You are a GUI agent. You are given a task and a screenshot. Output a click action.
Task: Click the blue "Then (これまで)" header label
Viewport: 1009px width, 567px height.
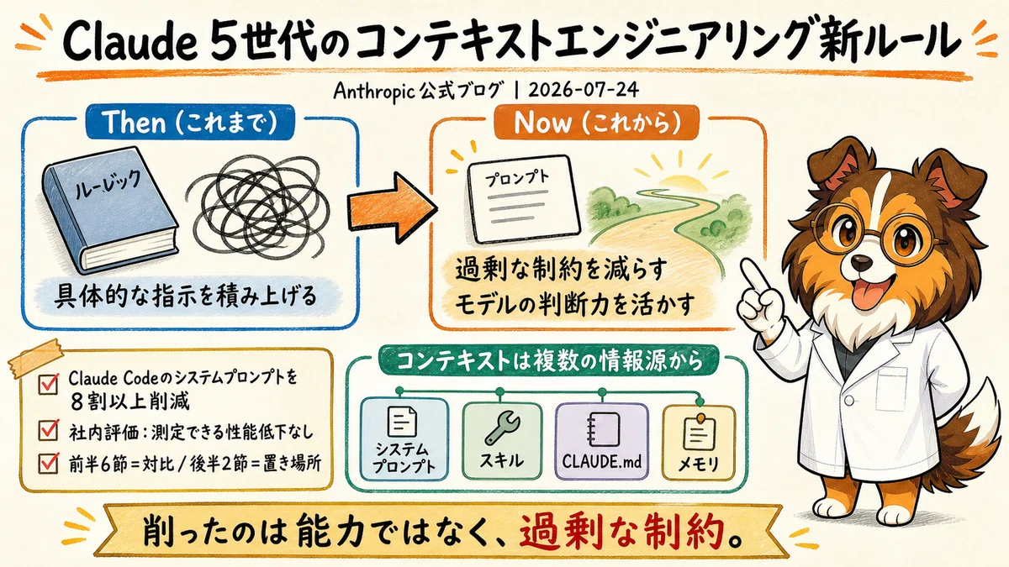pyautogui.click(x=190, y=122)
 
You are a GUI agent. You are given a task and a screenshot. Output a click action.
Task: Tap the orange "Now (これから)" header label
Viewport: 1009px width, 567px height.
pyautogui.click(x=596, y=122)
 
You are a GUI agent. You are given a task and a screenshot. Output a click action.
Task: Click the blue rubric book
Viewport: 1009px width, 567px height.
pyautogui.click(x=110, y=209)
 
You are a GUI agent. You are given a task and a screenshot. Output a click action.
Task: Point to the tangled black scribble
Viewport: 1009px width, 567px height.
pyautogui.click(x=256, y=207)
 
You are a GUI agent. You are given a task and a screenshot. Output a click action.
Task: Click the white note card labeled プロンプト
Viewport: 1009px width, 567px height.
pyautogui.click(x=523, y=199)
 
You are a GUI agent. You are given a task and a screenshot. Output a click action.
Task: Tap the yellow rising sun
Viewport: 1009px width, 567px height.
pyautogui.click(x=681, y=179)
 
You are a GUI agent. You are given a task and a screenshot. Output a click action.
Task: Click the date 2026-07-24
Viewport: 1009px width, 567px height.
pyautogui.click(x=584, y=91)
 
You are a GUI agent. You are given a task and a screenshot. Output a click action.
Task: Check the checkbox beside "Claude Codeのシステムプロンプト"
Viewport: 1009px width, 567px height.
pyautogui.click(x=48, y=384)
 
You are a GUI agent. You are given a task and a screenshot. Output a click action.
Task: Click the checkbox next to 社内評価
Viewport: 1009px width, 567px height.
pyautogui.click(x=48, y=430)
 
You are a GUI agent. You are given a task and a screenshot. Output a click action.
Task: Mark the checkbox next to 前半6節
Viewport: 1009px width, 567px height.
pyautogui.click(x=48, y=463)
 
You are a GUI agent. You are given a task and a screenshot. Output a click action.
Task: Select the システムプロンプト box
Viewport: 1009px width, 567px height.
pyautogui.click(x=404, y=439)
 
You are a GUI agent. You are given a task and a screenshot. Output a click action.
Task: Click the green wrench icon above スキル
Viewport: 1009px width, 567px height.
pyautogui.click(x=502, y=430)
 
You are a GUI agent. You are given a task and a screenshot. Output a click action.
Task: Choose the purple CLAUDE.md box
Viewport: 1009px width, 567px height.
pyautogui.click(x=602, y=441)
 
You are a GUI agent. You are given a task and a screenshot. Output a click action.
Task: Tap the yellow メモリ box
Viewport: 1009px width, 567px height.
pyautogui.click(x=698, y=443)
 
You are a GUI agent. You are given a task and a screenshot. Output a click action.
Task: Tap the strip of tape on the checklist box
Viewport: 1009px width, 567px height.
pyautogui.click(x=36, y=358)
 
